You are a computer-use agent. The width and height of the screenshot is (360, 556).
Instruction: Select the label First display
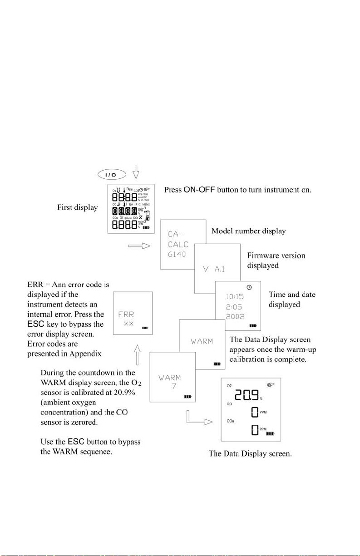point(77,207)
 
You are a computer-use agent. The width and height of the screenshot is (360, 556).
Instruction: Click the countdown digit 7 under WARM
point(169,386)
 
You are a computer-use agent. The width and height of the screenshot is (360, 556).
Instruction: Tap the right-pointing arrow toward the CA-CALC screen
point(139,246)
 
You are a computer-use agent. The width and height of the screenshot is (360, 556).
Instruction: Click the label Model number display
point(249,231)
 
